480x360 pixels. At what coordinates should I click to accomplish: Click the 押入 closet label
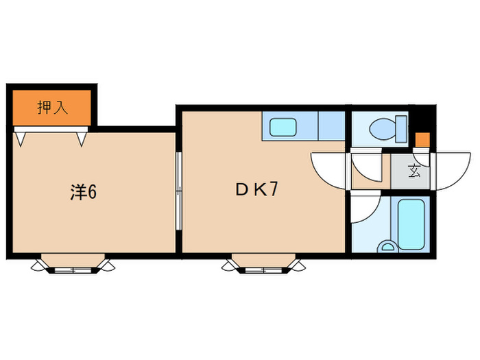[51, 108]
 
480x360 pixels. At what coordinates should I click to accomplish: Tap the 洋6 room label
[82, 193]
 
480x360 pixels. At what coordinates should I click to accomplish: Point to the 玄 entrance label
[415, 171]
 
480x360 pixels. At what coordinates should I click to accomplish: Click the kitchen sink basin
[282, 127]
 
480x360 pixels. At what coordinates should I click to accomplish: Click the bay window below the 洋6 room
[73, 264]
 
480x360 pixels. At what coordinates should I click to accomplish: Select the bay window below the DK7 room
[263, 264]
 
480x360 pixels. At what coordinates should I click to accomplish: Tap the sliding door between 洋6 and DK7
[178, 192]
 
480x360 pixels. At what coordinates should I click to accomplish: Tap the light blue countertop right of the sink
[331, 125]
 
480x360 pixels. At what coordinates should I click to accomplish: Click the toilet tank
[400, 128]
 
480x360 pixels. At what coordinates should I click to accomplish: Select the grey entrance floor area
[409, 171]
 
